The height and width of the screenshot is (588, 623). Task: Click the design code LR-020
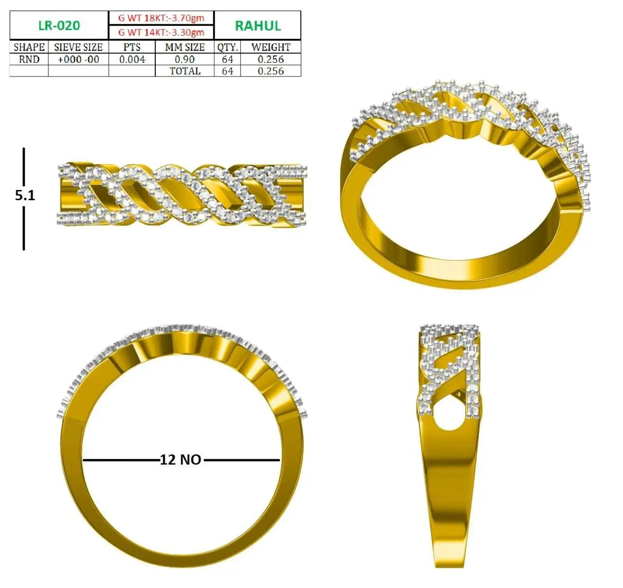tap(59, 25)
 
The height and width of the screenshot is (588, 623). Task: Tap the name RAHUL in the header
tap(258, 26)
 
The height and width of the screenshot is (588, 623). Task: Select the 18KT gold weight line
tap(161, 18)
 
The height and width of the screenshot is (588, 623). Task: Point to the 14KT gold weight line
tap(161, 32)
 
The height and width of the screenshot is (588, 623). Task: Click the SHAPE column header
tap(29, 47)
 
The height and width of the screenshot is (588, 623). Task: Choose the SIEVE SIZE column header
tap(78, 47)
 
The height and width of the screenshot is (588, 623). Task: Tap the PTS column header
tap(132, 47)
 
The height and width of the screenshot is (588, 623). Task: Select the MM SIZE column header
tap(185, 47)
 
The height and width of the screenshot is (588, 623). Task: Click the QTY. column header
tap(227, 47)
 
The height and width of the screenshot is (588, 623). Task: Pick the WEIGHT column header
tap(271, 47)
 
